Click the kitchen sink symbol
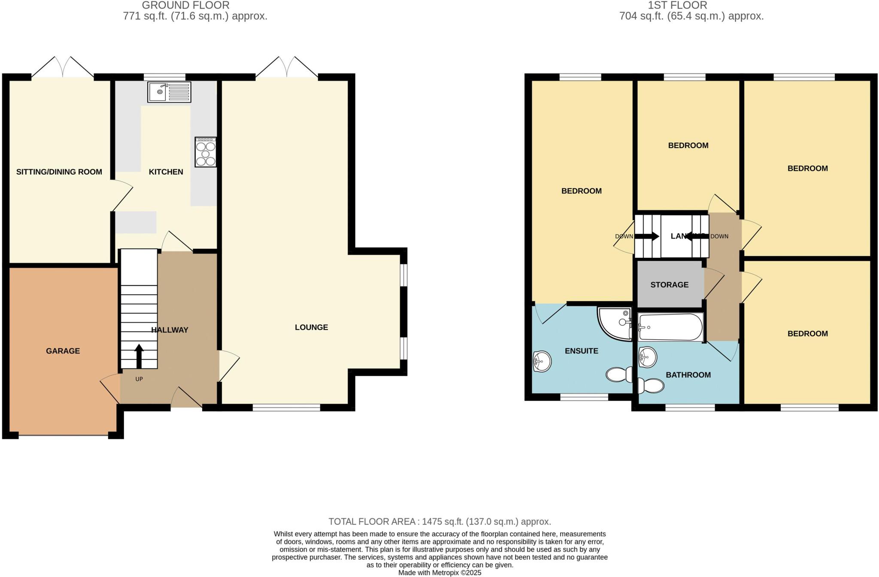tap(169, 92)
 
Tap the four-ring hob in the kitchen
tap(206, 152)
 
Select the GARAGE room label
tap(63, 351)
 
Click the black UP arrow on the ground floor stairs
tap(139, 356)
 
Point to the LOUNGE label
tap(311, 327)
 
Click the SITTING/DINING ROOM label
tap(59, 172)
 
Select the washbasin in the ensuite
tap(542, 361)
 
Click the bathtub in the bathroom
tap(670, 327)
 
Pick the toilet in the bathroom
tap(651, 386)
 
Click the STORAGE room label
tap(669, 285)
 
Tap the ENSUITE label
tap(581, 351)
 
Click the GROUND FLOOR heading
tap(185, 6)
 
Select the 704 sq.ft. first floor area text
tap(691, 16)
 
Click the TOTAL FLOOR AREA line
tap(439, 522)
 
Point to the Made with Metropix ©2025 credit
tap(439, 573)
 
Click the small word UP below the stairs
tap(139, 379)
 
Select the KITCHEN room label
tap(166, 172)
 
